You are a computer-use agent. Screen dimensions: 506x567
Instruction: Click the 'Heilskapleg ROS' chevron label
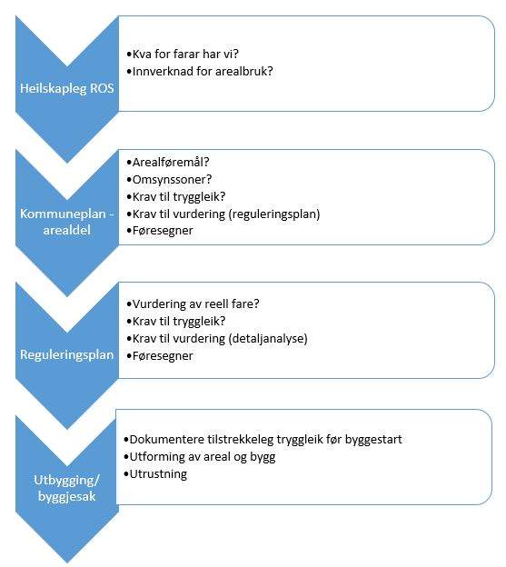[x=67, y=88]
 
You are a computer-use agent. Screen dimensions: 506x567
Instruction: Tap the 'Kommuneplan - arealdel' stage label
[x=67, y=222]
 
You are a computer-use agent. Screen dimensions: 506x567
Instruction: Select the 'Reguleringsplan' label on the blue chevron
[x=67, y=354]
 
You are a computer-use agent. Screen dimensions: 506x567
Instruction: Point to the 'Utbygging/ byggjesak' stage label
[x=67, y=488]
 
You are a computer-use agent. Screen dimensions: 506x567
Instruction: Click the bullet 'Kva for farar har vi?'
[x=183, y=54]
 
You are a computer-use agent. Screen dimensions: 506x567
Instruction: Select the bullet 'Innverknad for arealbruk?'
[x=200, y=71]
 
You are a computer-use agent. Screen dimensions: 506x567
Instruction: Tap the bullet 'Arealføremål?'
[x=168, y=163]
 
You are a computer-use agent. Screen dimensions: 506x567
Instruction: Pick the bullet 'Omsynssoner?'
[x=169, y=180]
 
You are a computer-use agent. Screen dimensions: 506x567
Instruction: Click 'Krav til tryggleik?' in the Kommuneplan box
[x=175, y=196]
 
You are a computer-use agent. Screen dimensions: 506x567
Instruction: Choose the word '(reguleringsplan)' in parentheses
[x=274, y=214]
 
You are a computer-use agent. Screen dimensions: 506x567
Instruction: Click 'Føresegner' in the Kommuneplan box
[x=159, y=231]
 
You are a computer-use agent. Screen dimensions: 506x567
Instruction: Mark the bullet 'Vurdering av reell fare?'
[x=193, y=303]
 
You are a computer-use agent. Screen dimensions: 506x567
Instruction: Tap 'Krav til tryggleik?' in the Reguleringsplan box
[x=175, y=321]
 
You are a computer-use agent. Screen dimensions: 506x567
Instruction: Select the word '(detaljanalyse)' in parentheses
[x=268, y=338]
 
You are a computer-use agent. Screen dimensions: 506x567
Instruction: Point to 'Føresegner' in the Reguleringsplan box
[x=159, y=356]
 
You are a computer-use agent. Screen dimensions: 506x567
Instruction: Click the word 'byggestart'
[x=373, y=440]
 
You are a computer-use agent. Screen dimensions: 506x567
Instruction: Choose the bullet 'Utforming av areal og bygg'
[x=199, y=457]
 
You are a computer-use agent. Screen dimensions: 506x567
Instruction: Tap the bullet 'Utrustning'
[x=155, y=474]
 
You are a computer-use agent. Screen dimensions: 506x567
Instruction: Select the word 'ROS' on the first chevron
[x=103, y=88]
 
